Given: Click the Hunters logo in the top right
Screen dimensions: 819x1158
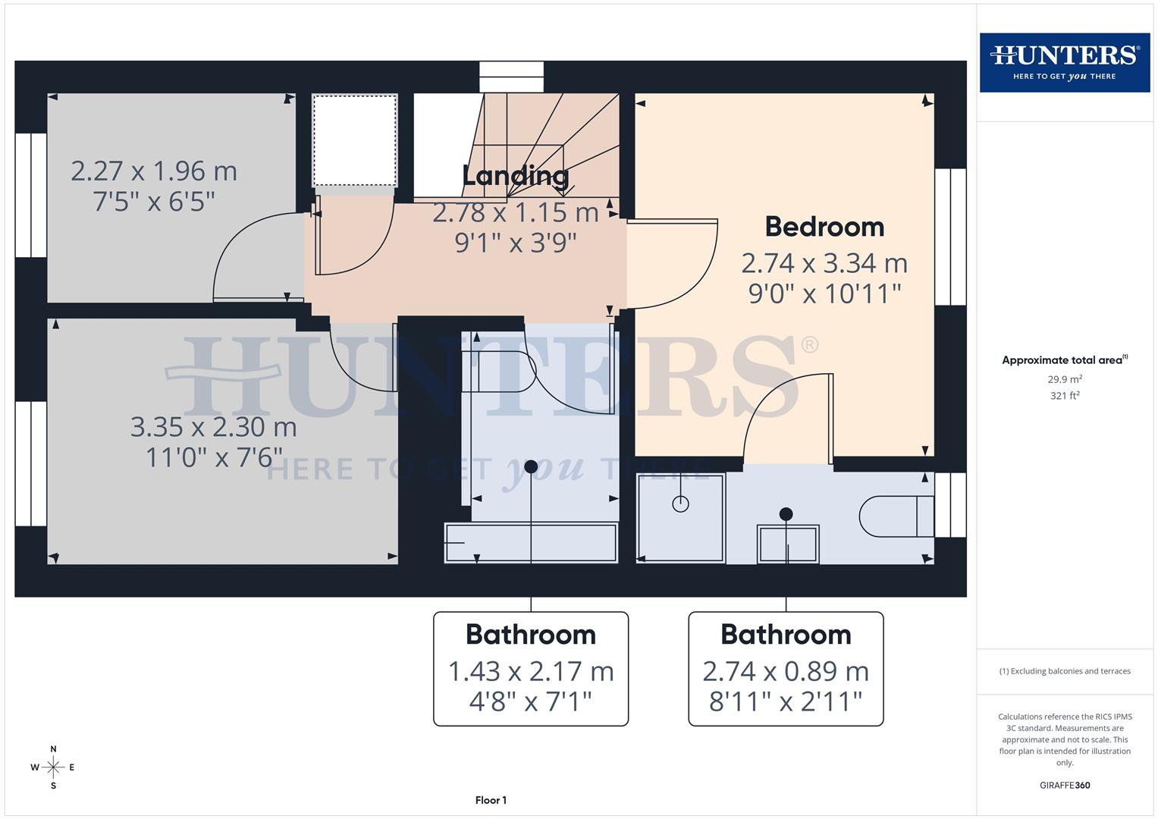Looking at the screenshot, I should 1064,62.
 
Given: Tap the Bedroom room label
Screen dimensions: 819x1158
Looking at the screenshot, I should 824,227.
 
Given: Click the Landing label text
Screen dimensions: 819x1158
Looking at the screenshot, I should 515,176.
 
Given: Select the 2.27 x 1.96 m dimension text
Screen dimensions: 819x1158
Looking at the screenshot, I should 154,171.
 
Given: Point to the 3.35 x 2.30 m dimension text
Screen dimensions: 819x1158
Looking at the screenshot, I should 213,427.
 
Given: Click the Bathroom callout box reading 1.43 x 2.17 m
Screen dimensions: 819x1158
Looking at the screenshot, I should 530,669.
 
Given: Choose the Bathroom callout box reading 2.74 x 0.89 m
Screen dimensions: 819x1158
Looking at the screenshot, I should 786,669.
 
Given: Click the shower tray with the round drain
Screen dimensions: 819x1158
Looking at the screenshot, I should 680,518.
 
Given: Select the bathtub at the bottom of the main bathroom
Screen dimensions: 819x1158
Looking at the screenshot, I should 531,543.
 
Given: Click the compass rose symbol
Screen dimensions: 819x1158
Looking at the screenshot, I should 53,767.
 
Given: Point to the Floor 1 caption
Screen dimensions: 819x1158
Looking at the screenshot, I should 491,800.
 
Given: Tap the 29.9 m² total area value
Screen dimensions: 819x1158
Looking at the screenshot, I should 1065,379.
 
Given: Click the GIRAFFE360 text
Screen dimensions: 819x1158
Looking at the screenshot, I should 1064,785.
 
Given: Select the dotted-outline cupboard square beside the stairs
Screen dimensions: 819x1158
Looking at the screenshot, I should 355,140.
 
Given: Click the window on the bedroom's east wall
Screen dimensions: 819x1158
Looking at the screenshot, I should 950,237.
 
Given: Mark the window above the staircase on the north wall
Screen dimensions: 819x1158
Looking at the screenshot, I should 512,77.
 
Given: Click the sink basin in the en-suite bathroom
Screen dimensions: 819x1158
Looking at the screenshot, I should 787,543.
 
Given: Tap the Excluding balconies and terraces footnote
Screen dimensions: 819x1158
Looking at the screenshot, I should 1065,671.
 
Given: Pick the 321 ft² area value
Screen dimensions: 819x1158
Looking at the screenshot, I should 1065,396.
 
